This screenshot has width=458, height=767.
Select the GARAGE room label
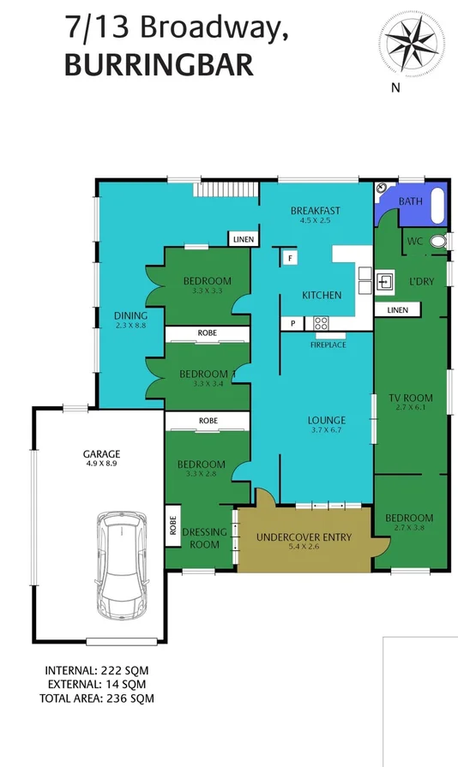click(x=101, y=454)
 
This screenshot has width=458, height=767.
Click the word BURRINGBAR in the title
click(x=159, y=64)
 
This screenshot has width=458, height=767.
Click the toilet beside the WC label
click(x=438, y=243)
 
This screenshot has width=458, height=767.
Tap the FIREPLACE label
click(x=328, y=345)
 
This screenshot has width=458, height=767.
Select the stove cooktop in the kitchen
click(x=322, y=323)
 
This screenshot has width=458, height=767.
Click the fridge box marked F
click(x=290, y=257)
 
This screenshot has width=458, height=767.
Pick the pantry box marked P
click(x=292, y=323)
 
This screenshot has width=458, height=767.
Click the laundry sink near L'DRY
click(x=383, y=280)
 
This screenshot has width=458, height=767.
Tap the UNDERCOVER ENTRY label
click(x=304, y=537)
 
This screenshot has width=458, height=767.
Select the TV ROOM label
click(x=411, y=398)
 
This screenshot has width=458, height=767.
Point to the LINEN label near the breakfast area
click(x=243, y=240)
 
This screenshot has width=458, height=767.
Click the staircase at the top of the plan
click(x=229, y=189)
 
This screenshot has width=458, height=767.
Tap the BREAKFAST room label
click(x=315, y=211)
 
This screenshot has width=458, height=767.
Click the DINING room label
click(x=130, y=315)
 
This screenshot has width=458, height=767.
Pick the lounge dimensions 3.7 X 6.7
click(x=327, y=431)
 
